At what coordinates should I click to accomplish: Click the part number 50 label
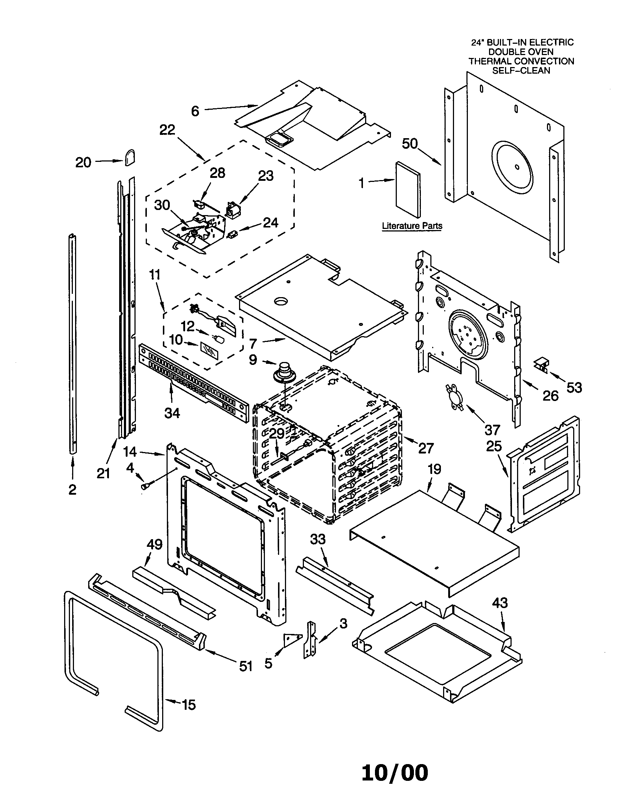[410, 144]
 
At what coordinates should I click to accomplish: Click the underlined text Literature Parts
[412, 226]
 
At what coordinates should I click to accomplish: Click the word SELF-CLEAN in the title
[521, 70]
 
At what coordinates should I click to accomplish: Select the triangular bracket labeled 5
[292, 640]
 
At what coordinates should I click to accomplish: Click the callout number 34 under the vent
[172, 413]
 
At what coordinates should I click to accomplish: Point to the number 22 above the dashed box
[167, 130]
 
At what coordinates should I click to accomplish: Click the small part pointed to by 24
[232, 233]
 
